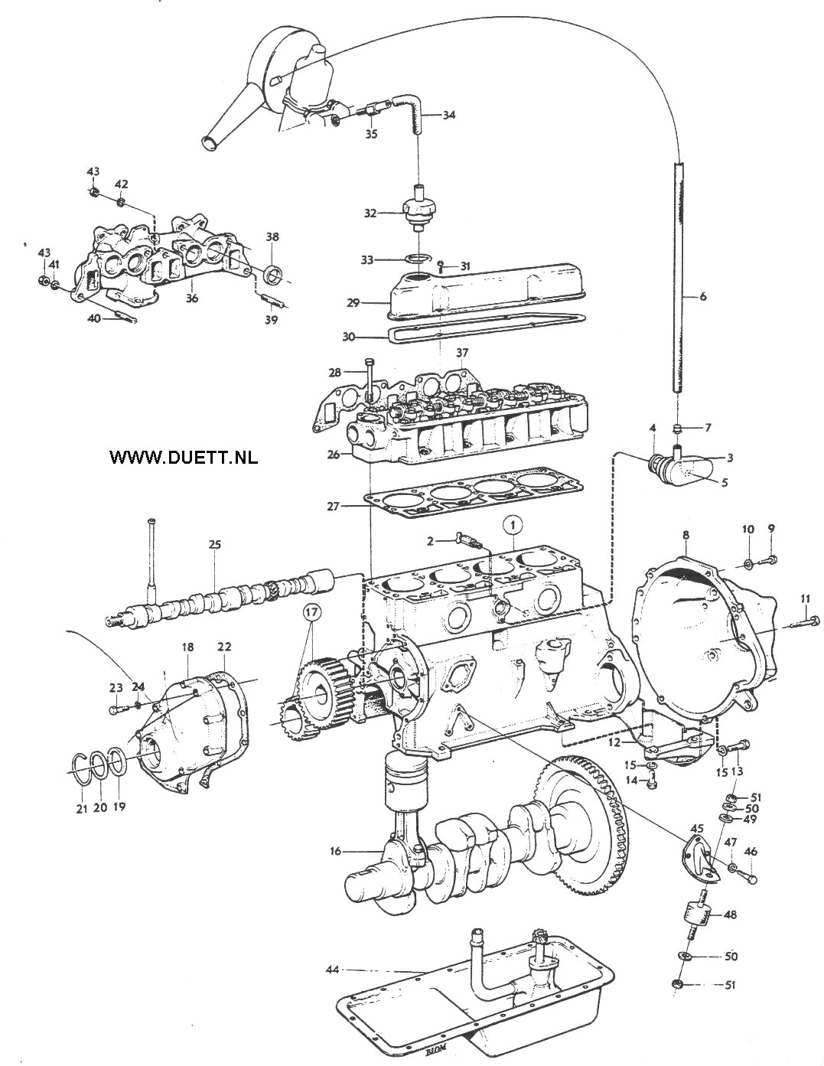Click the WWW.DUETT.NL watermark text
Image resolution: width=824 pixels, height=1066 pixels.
pos(184,457)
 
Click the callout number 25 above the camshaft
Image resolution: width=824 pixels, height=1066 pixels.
pos(214,545)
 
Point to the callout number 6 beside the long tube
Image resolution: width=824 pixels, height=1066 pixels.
pos(702,296)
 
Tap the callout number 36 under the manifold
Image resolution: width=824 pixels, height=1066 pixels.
pos(192,298)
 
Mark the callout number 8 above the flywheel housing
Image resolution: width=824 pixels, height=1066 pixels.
pos(686,535)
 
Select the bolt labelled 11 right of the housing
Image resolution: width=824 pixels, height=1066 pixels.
pos(805,622)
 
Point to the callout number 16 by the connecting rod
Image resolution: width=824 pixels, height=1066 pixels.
pos(335,851)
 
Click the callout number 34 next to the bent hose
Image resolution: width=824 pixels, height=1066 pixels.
pos(449,115)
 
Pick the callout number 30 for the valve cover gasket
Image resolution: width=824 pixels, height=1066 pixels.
pos(348,337)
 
